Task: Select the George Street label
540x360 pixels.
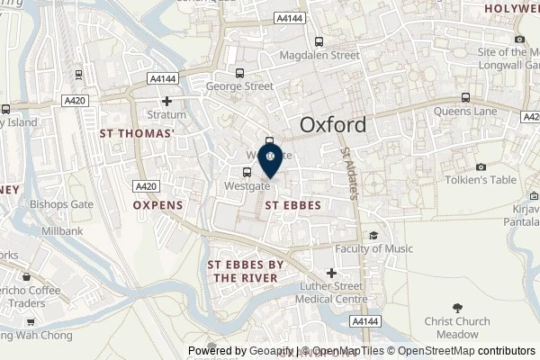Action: click(x=239, y=87)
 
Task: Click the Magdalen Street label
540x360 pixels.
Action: click(x=321, y=55)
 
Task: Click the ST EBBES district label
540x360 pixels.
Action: click(x=294, y=205)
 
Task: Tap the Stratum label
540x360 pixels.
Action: click(x=166, y=115)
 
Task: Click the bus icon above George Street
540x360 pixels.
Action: click(x=239, y=74)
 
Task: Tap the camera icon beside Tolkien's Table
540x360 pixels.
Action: click(x=482, y=166)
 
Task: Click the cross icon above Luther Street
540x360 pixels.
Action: click(x=332, y=273)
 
